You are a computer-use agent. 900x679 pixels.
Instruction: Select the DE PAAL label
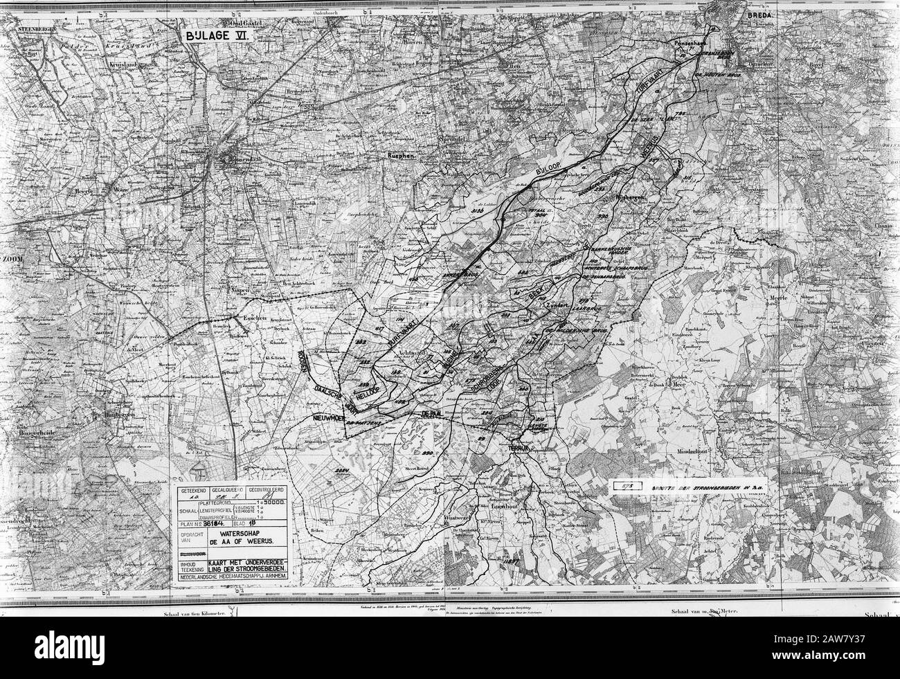click(x=431, y=413)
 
